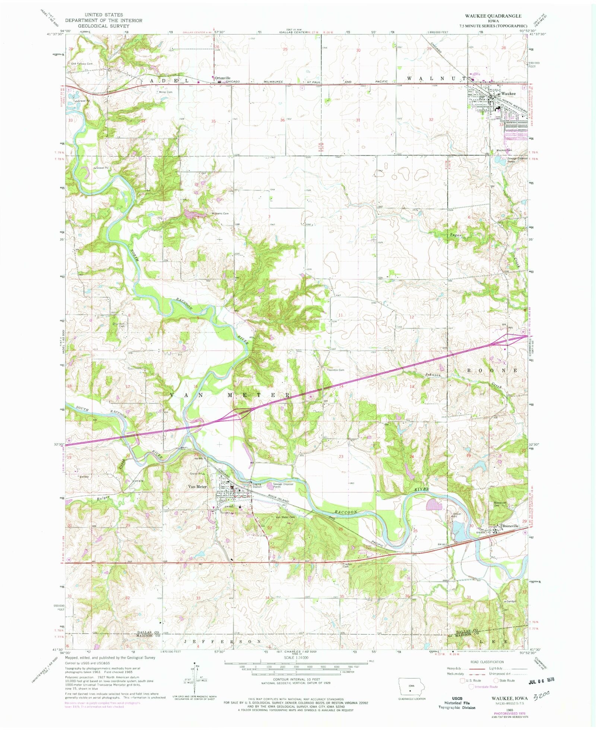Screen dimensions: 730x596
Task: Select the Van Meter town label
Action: point(197,486)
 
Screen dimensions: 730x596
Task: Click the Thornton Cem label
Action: point(335,370)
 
